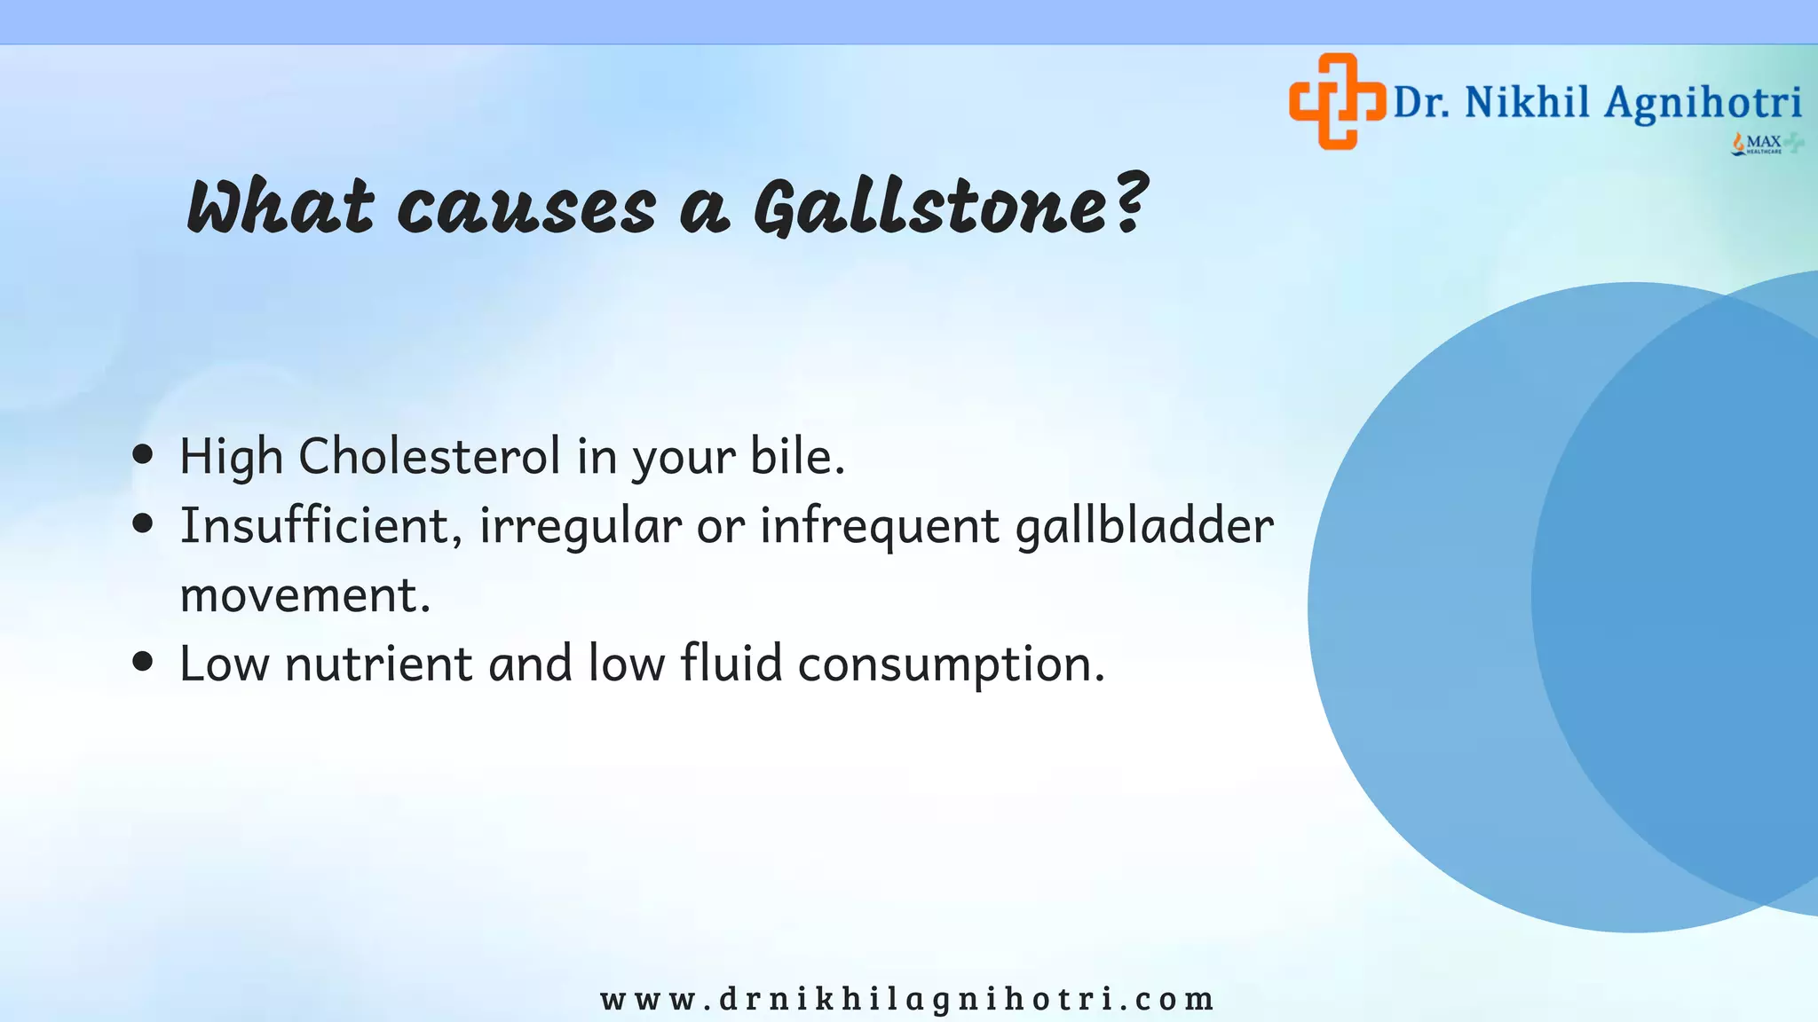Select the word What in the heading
pyautogui.click(x=280, y=208)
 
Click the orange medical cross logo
pyautogui.click(x=1337, y=101)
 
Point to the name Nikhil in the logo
pyautogui.click(x=1527, y=103)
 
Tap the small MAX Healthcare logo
pyautogui.click(x=1765, y=144)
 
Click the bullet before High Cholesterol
pyautogui.click(x=142, y=455)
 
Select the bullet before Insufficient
pyautogui.click(x=142, y=523)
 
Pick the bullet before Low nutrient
pyautogui.click(x=142, y=662)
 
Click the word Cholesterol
pyautogui.click(x=429, y=456)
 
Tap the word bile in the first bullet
pyautogui.click(x=795, y=456)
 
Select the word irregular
pyautogui.click(x=581, y=527)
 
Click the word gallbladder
pyautogui.click(x=1144, y=525)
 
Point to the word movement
pyautogui.click(x=304, y=595)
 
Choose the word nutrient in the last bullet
pyautogui.click(x=378, y=664)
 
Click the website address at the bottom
pyautogui.click(x=907, y=999)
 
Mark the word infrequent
pyautogui.click(x=879, y=527)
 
